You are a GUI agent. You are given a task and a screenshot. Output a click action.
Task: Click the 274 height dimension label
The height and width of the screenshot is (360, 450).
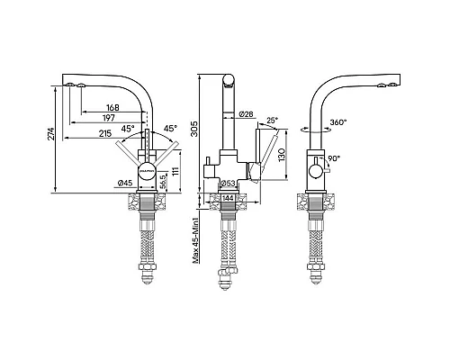pos(51,135)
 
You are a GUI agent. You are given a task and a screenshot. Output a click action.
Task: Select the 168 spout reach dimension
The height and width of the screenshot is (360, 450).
pos(112,107)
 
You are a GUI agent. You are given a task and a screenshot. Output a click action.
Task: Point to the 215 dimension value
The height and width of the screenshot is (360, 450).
pos(105,134)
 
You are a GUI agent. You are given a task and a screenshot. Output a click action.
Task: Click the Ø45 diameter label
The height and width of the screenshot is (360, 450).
pos(126,184)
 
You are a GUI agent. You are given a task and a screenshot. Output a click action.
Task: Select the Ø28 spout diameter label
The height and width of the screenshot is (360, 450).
pos(247,114)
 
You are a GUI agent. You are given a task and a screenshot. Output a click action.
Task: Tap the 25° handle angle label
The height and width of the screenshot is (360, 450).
pos(273,121)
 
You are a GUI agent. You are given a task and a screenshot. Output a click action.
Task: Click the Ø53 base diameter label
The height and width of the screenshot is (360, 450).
pos(230,184)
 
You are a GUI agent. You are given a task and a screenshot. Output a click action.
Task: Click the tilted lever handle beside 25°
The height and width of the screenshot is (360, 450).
pos(260,154)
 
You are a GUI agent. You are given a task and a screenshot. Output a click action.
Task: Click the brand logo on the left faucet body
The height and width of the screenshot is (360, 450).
pos(146,166)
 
